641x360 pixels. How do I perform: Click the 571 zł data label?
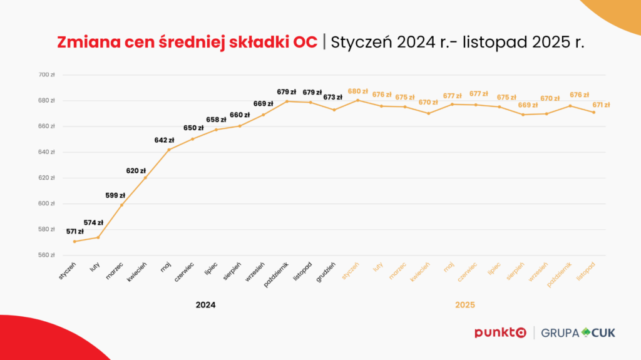(x=75, y=232)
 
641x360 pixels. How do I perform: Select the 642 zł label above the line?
(x=163, y=140)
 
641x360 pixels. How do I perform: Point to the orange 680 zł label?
(x=358, y=91)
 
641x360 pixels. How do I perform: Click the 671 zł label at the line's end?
(x=601, y=105)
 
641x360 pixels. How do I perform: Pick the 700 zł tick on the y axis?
(x=47, y=75)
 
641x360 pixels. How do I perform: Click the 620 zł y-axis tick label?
(x=47, y=178)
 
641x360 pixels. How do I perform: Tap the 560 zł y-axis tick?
(x=47, y=255)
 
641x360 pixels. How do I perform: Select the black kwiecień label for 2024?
(x=138, y=272)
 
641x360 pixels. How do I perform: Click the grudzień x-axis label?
(x=326, y=272)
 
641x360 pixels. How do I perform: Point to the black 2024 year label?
(x=205, y=305)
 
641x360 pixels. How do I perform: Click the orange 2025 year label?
(x=464, y=305)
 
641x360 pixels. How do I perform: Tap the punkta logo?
(x=500, y=332)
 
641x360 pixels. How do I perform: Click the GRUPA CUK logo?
(x=578, y=332)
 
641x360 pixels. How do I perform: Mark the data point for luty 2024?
(x=98, y=237)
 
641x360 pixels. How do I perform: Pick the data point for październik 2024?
(x=287, y=101)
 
